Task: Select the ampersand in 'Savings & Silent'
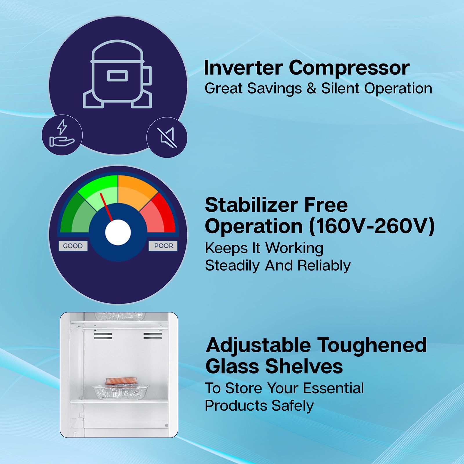[x=311, y=88]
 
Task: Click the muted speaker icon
[x=167, y=137]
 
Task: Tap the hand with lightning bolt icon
[x=62, y=135]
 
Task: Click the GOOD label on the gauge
[x=73, y=246]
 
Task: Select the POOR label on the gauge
[x=164, y=246]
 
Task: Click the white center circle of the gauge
[x=118, y=232]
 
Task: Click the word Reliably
[x=324, y=265]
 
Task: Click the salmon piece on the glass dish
[x=121, y=381]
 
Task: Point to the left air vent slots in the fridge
[x=103, y=336]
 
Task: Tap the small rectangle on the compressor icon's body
[x=117, y=76]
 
